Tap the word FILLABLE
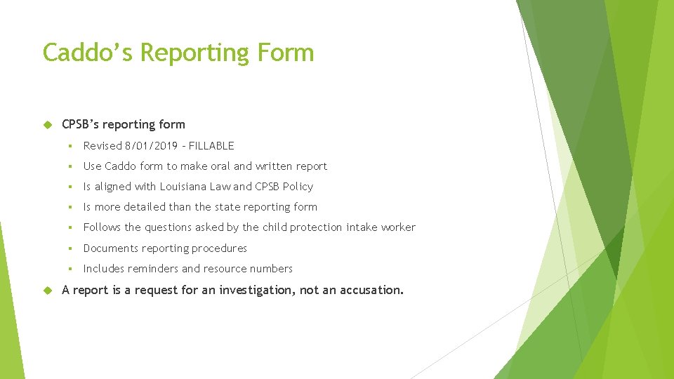[211, 146]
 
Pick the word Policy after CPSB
[297, 187]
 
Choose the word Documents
[110, 248]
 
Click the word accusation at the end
[371, 290]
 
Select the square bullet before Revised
[71, 146]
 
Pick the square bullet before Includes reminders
[71, 269]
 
